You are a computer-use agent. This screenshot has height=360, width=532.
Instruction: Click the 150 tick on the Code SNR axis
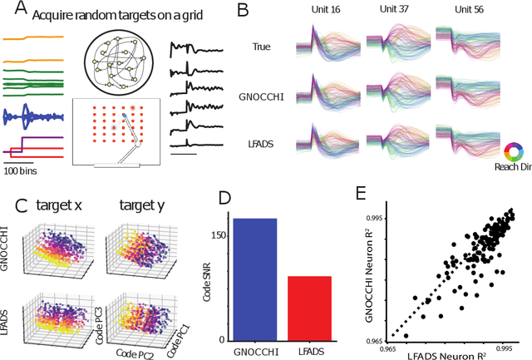click(218, 236)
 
